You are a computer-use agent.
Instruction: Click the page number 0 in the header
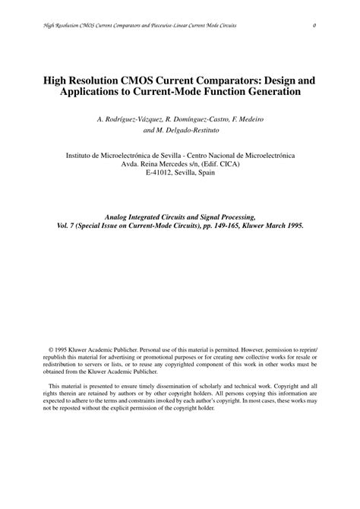coord(314,26)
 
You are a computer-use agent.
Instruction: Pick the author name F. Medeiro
coord(248,119)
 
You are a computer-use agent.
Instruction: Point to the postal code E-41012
coord(159,172)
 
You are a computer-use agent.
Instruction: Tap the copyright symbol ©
coord(51,349)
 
